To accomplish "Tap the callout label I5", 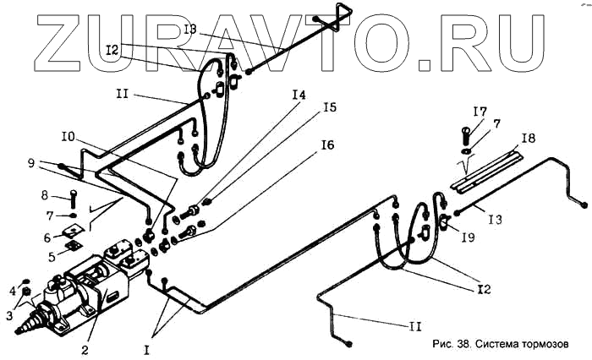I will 328,107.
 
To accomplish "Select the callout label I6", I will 326,145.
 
